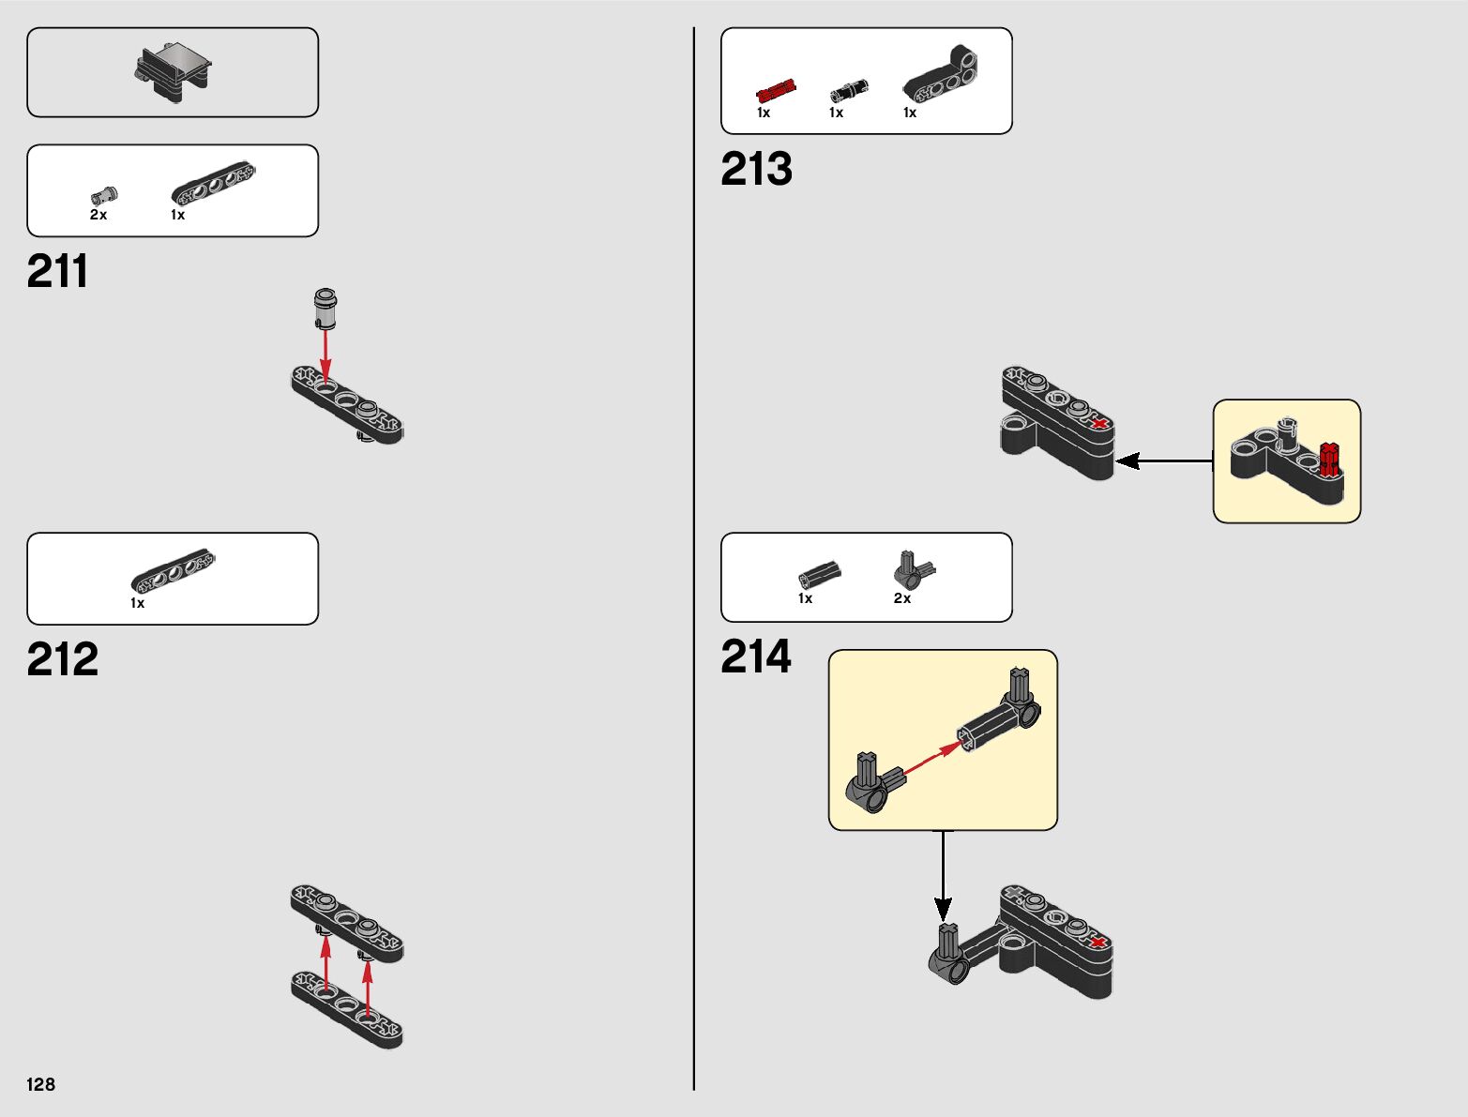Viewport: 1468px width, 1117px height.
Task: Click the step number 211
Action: pyautogui.click(x=57, y=271)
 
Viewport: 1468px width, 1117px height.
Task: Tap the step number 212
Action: pyautogui.click(x=63, y=659)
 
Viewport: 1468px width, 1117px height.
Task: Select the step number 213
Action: pyautogui.click(x=756, y=169)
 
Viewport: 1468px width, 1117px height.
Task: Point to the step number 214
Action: pyautogui.click(x=756, y=657)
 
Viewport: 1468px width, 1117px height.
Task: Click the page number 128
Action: pyautogui.click(x=40, y=1084)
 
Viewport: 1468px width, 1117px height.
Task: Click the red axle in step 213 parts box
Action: pyautogui.click(x=776, y=91)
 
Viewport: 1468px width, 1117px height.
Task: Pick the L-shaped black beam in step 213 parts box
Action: pyautogui.click(x=940, y=72)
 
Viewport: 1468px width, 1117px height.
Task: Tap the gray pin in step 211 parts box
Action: pyautogui.click(x=104, y=195)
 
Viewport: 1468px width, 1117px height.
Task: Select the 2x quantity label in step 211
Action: pyautogui.click(x=98, y=215)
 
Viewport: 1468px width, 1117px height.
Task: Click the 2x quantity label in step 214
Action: pyautogui.click(x=902, y=598)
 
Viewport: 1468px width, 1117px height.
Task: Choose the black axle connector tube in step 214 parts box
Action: pyautogui.click(x=820, y=574)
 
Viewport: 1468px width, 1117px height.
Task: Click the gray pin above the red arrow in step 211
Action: pyautogui.click(x=325, y=309)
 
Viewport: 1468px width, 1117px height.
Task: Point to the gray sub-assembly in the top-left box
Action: pyautogui.click(x=173, y=72)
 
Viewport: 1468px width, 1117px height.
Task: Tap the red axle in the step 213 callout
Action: pyautogui.click(x=1329, y=459)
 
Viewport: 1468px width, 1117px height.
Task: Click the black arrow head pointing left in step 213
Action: pyautogui.click(x=1127, y=460)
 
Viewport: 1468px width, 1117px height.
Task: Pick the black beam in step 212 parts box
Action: pyautogui.click(x=174, y=570)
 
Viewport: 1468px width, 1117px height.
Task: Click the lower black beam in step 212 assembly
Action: pyautogui.click(x=346, y=1009)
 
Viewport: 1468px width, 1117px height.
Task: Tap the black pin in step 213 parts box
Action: pyautogui.click(x=849, y=91)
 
